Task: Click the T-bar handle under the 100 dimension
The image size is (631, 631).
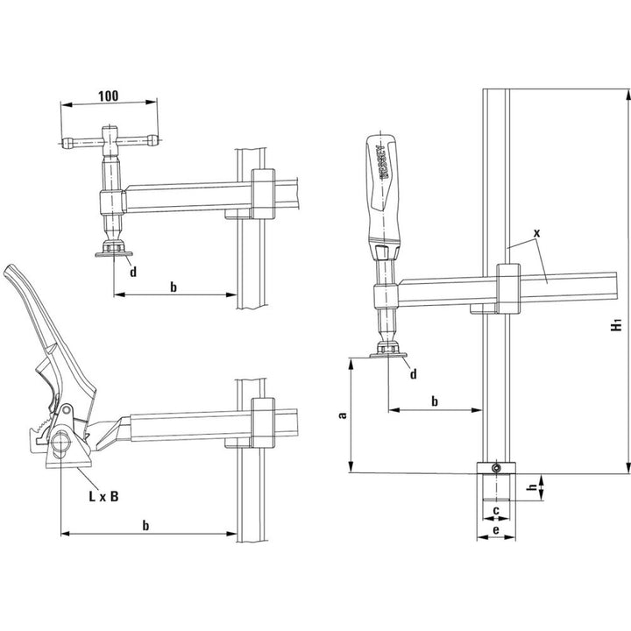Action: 109,138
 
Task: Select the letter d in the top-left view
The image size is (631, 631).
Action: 132,272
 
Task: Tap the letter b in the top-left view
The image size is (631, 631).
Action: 174,287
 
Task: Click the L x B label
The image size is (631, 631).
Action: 103,496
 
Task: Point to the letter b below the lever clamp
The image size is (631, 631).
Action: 146,524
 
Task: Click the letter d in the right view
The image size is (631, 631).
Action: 413,374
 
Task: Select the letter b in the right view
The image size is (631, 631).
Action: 436,401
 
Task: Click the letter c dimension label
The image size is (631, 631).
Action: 495,510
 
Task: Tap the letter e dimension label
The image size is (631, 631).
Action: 495,530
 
